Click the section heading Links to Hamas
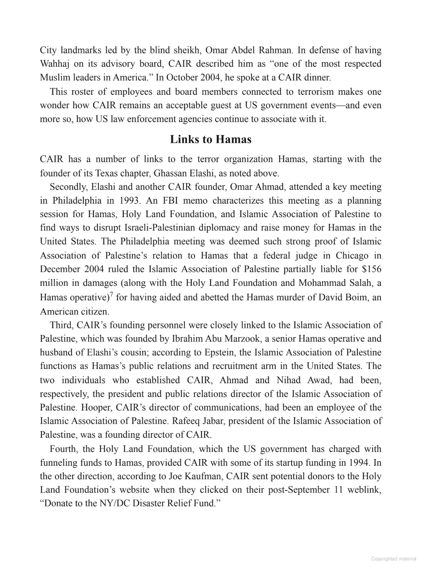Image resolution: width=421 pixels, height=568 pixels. point(210,139)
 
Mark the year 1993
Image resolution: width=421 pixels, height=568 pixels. point(129,201)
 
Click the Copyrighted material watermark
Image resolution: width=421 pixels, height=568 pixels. point(393,559)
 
